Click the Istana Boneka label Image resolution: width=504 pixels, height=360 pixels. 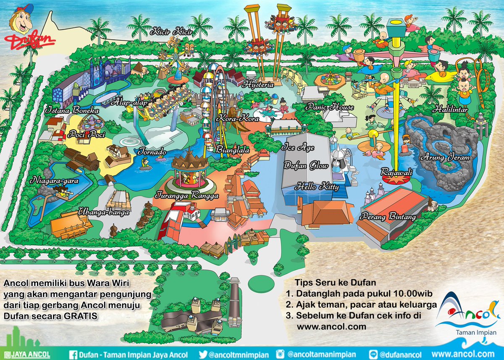coord(72,111)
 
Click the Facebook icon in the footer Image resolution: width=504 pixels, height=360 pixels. coord(71,354)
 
